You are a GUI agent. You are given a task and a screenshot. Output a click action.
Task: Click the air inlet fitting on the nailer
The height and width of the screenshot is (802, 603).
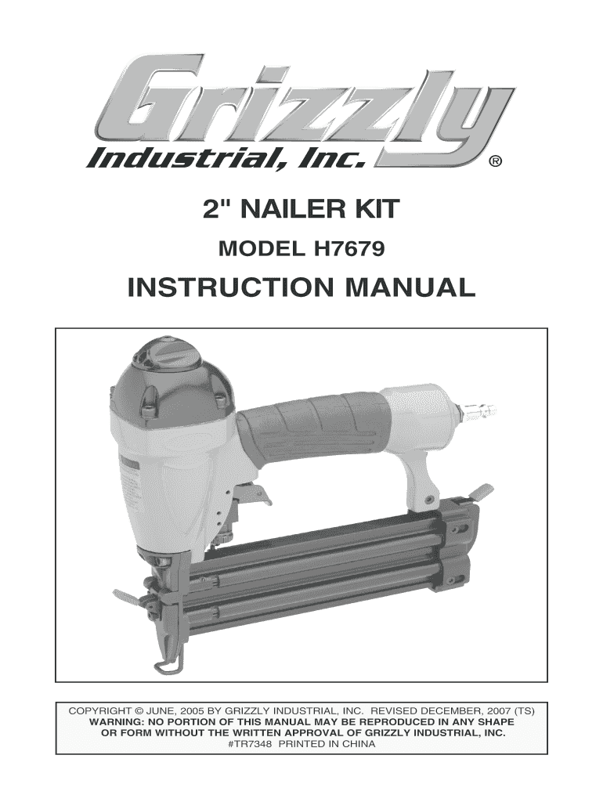click(x=479, y=409)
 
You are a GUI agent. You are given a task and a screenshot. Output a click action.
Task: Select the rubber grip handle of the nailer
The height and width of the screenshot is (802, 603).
click(x=312, y=424)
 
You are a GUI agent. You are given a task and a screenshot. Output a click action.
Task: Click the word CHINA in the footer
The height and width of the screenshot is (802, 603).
click(x=359, y=744)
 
